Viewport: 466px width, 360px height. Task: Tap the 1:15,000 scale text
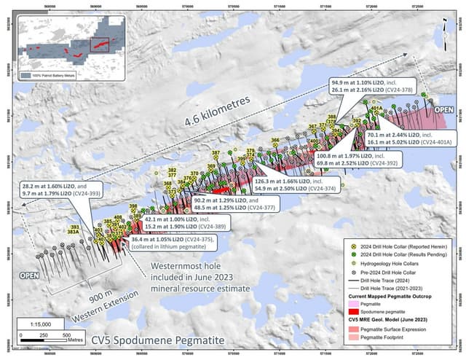click(49, 324)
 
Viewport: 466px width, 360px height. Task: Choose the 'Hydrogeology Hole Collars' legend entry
click(385, 263)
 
